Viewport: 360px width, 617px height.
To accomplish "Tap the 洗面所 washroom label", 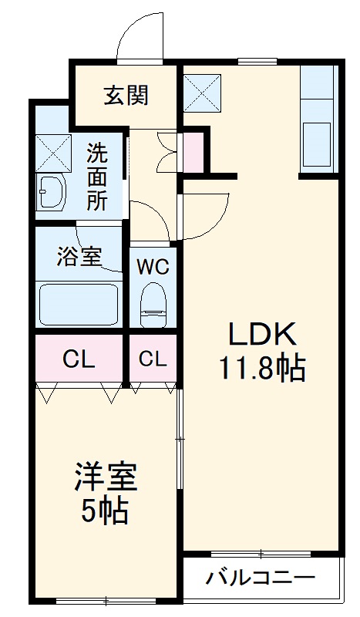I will [x=97, y=177].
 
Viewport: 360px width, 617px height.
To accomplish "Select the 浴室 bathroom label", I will [x=79, y=256].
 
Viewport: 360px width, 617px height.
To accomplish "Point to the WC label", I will [x=153, y=268].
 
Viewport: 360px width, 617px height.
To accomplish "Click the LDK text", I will [x=261, y=335].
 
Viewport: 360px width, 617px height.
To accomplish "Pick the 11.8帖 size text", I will [x=261, y=369].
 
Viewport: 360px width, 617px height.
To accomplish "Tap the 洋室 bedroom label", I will [x=106, y=477].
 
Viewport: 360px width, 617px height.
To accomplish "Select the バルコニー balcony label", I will [x=261, y=578].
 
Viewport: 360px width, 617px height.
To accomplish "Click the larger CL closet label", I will [x=79, y=359].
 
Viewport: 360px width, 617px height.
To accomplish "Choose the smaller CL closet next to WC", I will [x=153, y=359].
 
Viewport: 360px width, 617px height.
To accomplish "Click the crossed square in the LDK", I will [x=202, y=92].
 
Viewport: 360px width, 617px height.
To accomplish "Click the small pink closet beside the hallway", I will [x=193, y=152].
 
